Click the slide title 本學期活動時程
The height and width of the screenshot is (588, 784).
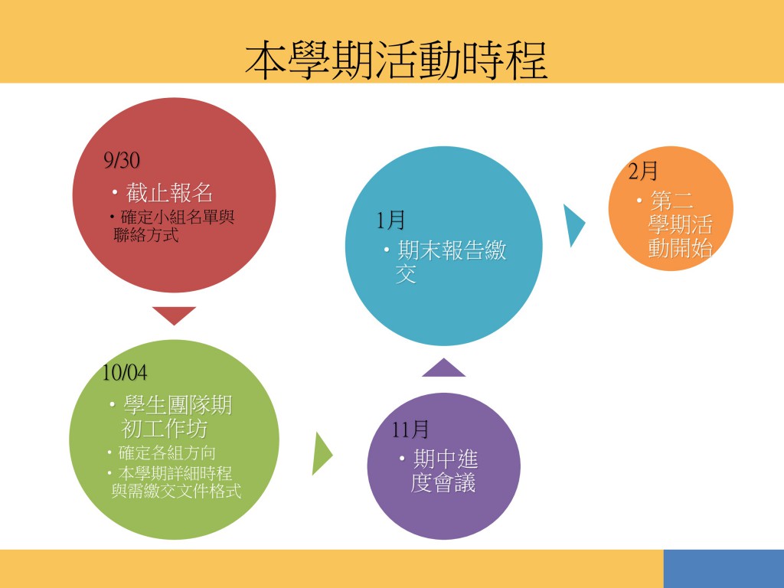[x=396, y=60]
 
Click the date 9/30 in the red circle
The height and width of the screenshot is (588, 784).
[x=122, y=160]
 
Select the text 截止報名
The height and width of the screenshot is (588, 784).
[x=169, y=192]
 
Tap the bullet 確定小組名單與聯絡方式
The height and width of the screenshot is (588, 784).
[x=171, y=226]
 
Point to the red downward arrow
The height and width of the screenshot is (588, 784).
[x=174, y=315]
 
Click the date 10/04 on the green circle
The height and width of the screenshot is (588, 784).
[x=125, y=373]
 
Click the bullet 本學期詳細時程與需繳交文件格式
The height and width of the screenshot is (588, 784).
[x=175, y=482]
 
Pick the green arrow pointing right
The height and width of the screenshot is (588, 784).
[x=322, y=453]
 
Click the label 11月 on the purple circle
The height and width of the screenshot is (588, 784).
[x=410, y=430]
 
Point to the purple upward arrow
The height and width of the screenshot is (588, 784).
[x=443, y=368]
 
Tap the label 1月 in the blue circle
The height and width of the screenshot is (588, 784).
[x=390, y=220]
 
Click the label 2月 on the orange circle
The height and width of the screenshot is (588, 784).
[x=642, y=171]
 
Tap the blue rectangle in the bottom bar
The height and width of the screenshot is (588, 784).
[x=724, y=569]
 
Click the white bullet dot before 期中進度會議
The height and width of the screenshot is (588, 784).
[x=403, y=458]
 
